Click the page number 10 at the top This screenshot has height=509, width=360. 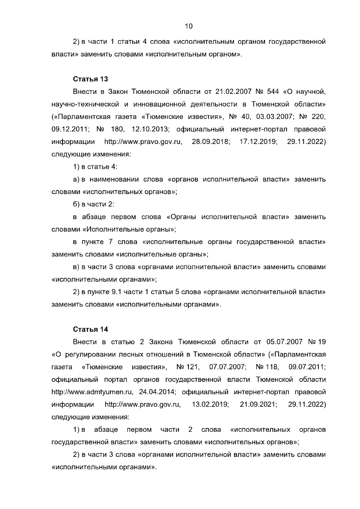tap(189, 26)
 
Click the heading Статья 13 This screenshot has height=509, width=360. tap(90, 79)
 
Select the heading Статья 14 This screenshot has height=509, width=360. tap(90, 329)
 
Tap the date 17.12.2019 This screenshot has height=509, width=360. tap(258, 142)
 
